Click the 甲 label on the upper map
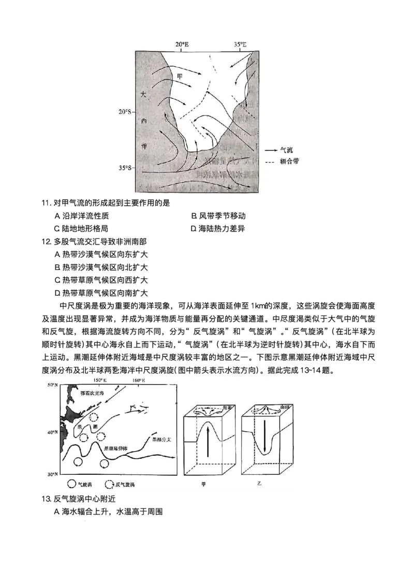click(180, 76)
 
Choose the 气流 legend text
click(286, 149)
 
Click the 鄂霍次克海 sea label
click(92, 394)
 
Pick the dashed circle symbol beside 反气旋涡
click(109, 485)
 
